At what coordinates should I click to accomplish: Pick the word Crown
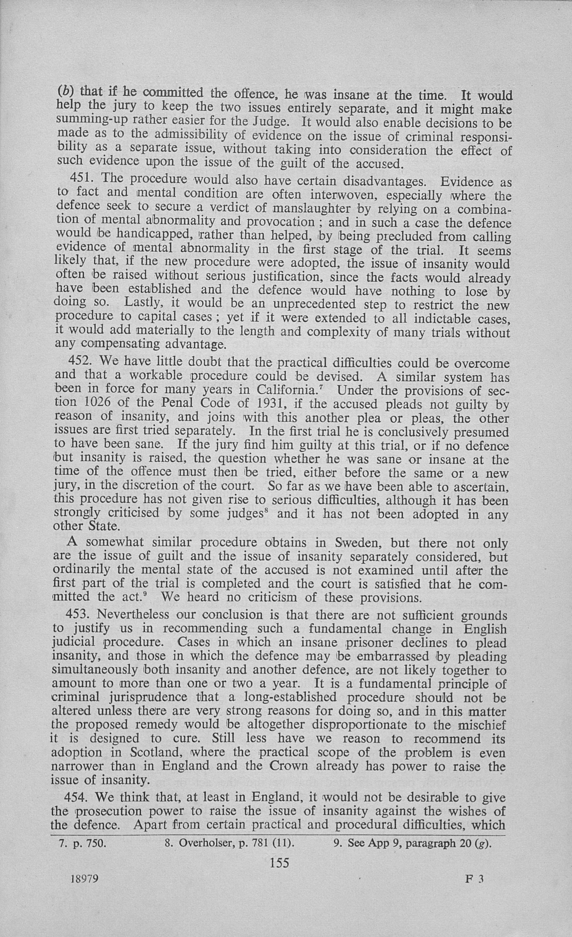point(288,765)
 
